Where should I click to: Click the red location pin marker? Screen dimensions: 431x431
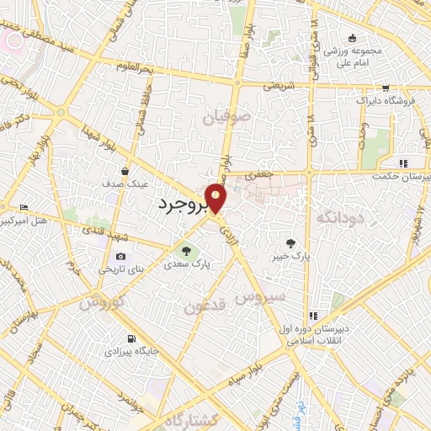tap(216, 199)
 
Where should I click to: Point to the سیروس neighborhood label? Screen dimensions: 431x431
tap(262, 295)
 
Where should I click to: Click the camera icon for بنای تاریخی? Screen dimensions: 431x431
tap(120, 257)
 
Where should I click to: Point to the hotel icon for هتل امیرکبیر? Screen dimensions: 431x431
tap(23, 207)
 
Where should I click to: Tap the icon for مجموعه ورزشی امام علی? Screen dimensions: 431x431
tap(352, 37)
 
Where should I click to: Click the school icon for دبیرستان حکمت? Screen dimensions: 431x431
tap(402, 162)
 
